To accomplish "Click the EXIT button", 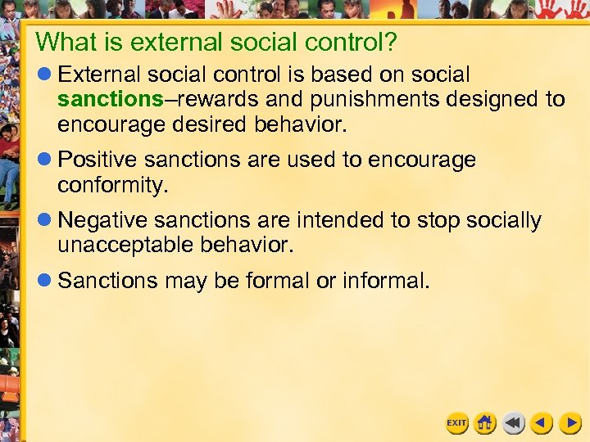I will [x=456, y=423].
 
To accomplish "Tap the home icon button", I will [x=485, y=423].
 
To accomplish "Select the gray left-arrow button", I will [x=514, y=423].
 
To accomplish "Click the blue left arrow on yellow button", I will [x=542, y=423].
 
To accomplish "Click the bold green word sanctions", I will [x=111, y=100].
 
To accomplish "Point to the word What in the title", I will [x=66, y=41].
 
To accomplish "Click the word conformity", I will [x=112, y=184].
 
